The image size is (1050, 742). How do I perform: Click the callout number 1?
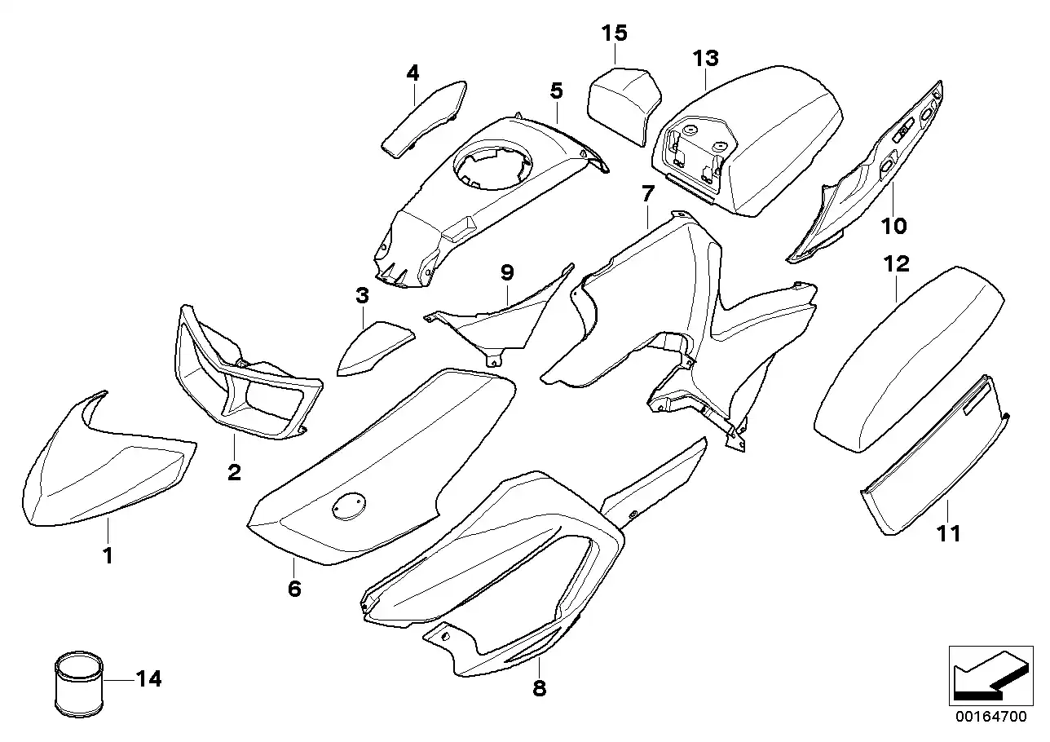click(108, 556)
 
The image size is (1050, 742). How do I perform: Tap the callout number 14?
click(148, 679)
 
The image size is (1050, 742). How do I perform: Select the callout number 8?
click(539, 689)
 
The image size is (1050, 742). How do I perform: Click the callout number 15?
click(615, 33)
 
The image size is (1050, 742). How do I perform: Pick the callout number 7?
click(647, 194)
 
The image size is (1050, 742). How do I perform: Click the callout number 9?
click(507, 272)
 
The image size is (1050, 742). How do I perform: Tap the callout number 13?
click(706, 58)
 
